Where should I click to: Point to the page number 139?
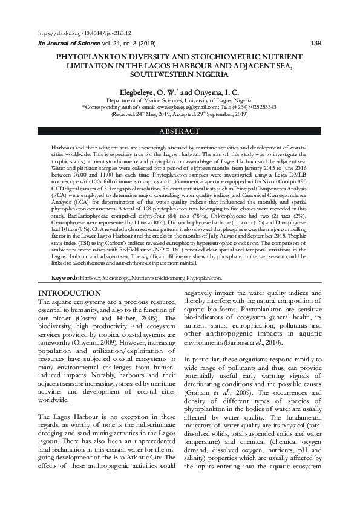pos(315,43)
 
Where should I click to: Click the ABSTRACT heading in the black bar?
pos(179,131)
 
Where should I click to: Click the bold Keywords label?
pos(64,278)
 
